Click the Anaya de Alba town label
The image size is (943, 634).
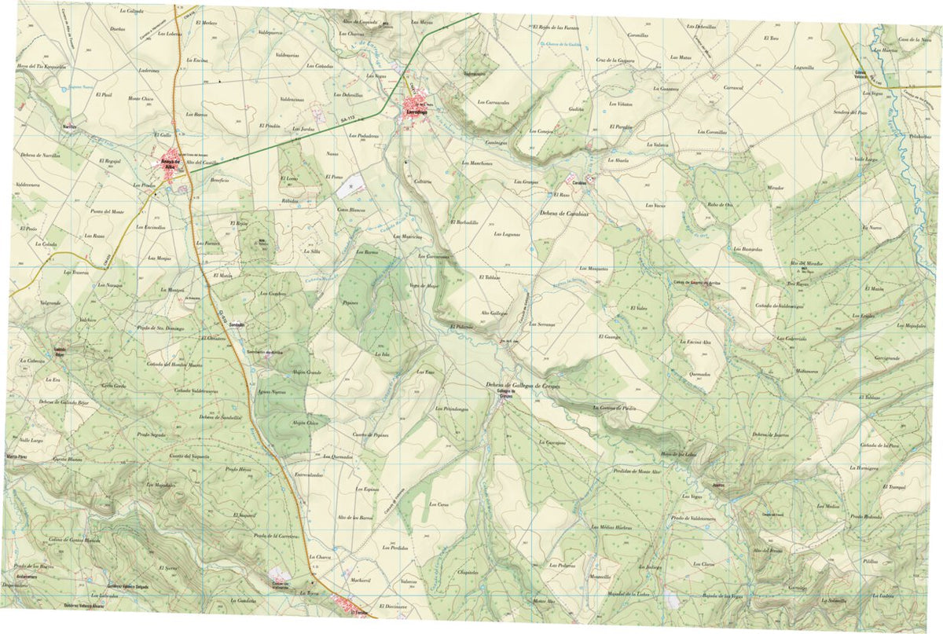(x=171, y=164)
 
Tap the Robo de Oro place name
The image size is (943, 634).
(x=720, y=204)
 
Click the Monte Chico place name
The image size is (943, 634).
(x=141, y=98)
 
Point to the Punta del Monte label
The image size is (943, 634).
(x=108, y=211)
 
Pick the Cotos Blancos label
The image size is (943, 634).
(x=351, y=211)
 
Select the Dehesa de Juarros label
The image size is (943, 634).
(x=769, y=434)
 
